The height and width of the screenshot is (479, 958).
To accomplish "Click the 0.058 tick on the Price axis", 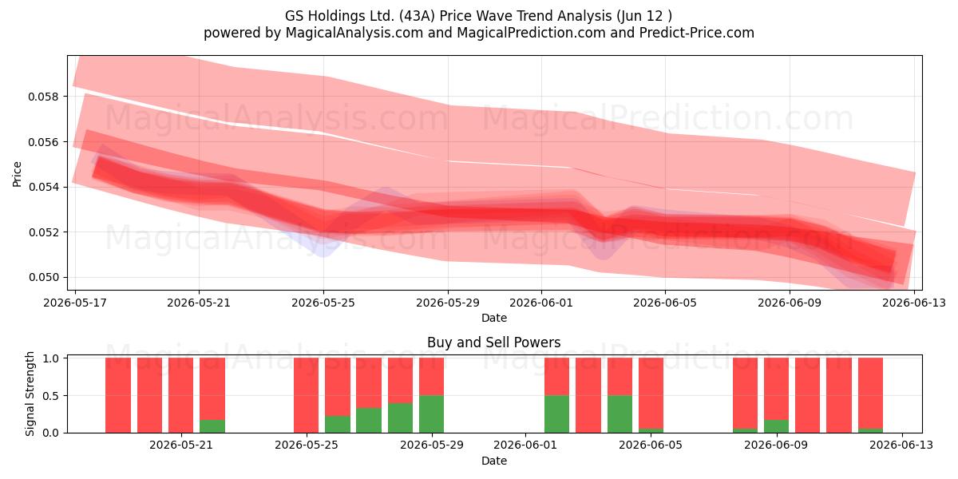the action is click(43, 97).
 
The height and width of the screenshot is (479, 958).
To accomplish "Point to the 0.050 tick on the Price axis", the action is click(43, 278).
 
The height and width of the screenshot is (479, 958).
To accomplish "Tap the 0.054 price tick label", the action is click(43, 188).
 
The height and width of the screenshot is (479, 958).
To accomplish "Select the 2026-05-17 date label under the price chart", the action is click(75, 303).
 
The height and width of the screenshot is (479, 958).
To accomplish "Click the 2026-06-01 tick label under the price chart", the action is click(541, 303).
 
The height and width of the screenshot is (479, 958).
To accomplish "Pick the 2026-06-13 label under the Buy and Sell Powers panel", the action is click(902, 445).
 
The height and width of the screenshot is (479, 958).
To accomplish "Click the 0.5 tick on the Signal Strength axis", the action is click(51, 396).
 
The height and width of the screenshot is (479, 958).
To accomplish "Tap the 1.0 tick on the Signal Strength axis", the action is click(51, 358).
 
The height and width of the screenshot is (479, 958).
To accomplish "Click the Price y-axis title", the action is click(17, 175).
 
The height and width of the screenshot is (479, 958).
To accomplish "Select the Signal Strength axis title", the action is click(30, 394).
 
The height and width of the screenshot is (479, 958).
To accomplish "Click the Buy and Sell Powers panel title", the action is click(494, 342).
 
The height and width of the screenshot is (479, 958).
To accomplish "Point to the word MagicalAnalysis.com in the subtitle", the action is click(354, 33).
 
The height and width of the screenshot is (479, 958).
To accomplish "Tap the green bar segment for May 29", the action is click(432, 414).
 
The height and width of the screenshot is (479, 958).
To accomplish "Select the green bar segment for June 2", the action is click(557, 414).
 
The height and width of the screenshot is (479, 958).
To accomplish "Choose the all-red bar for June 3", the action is click(588, 395).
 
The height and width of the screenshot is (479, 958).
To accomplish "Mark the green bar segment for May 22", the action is click(212, 426).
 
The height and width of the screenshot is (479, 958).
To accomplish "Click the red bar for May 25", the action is click(307, 395).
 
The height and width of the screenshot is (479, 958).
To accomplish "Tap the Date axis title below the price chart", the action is click(494, 318).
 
